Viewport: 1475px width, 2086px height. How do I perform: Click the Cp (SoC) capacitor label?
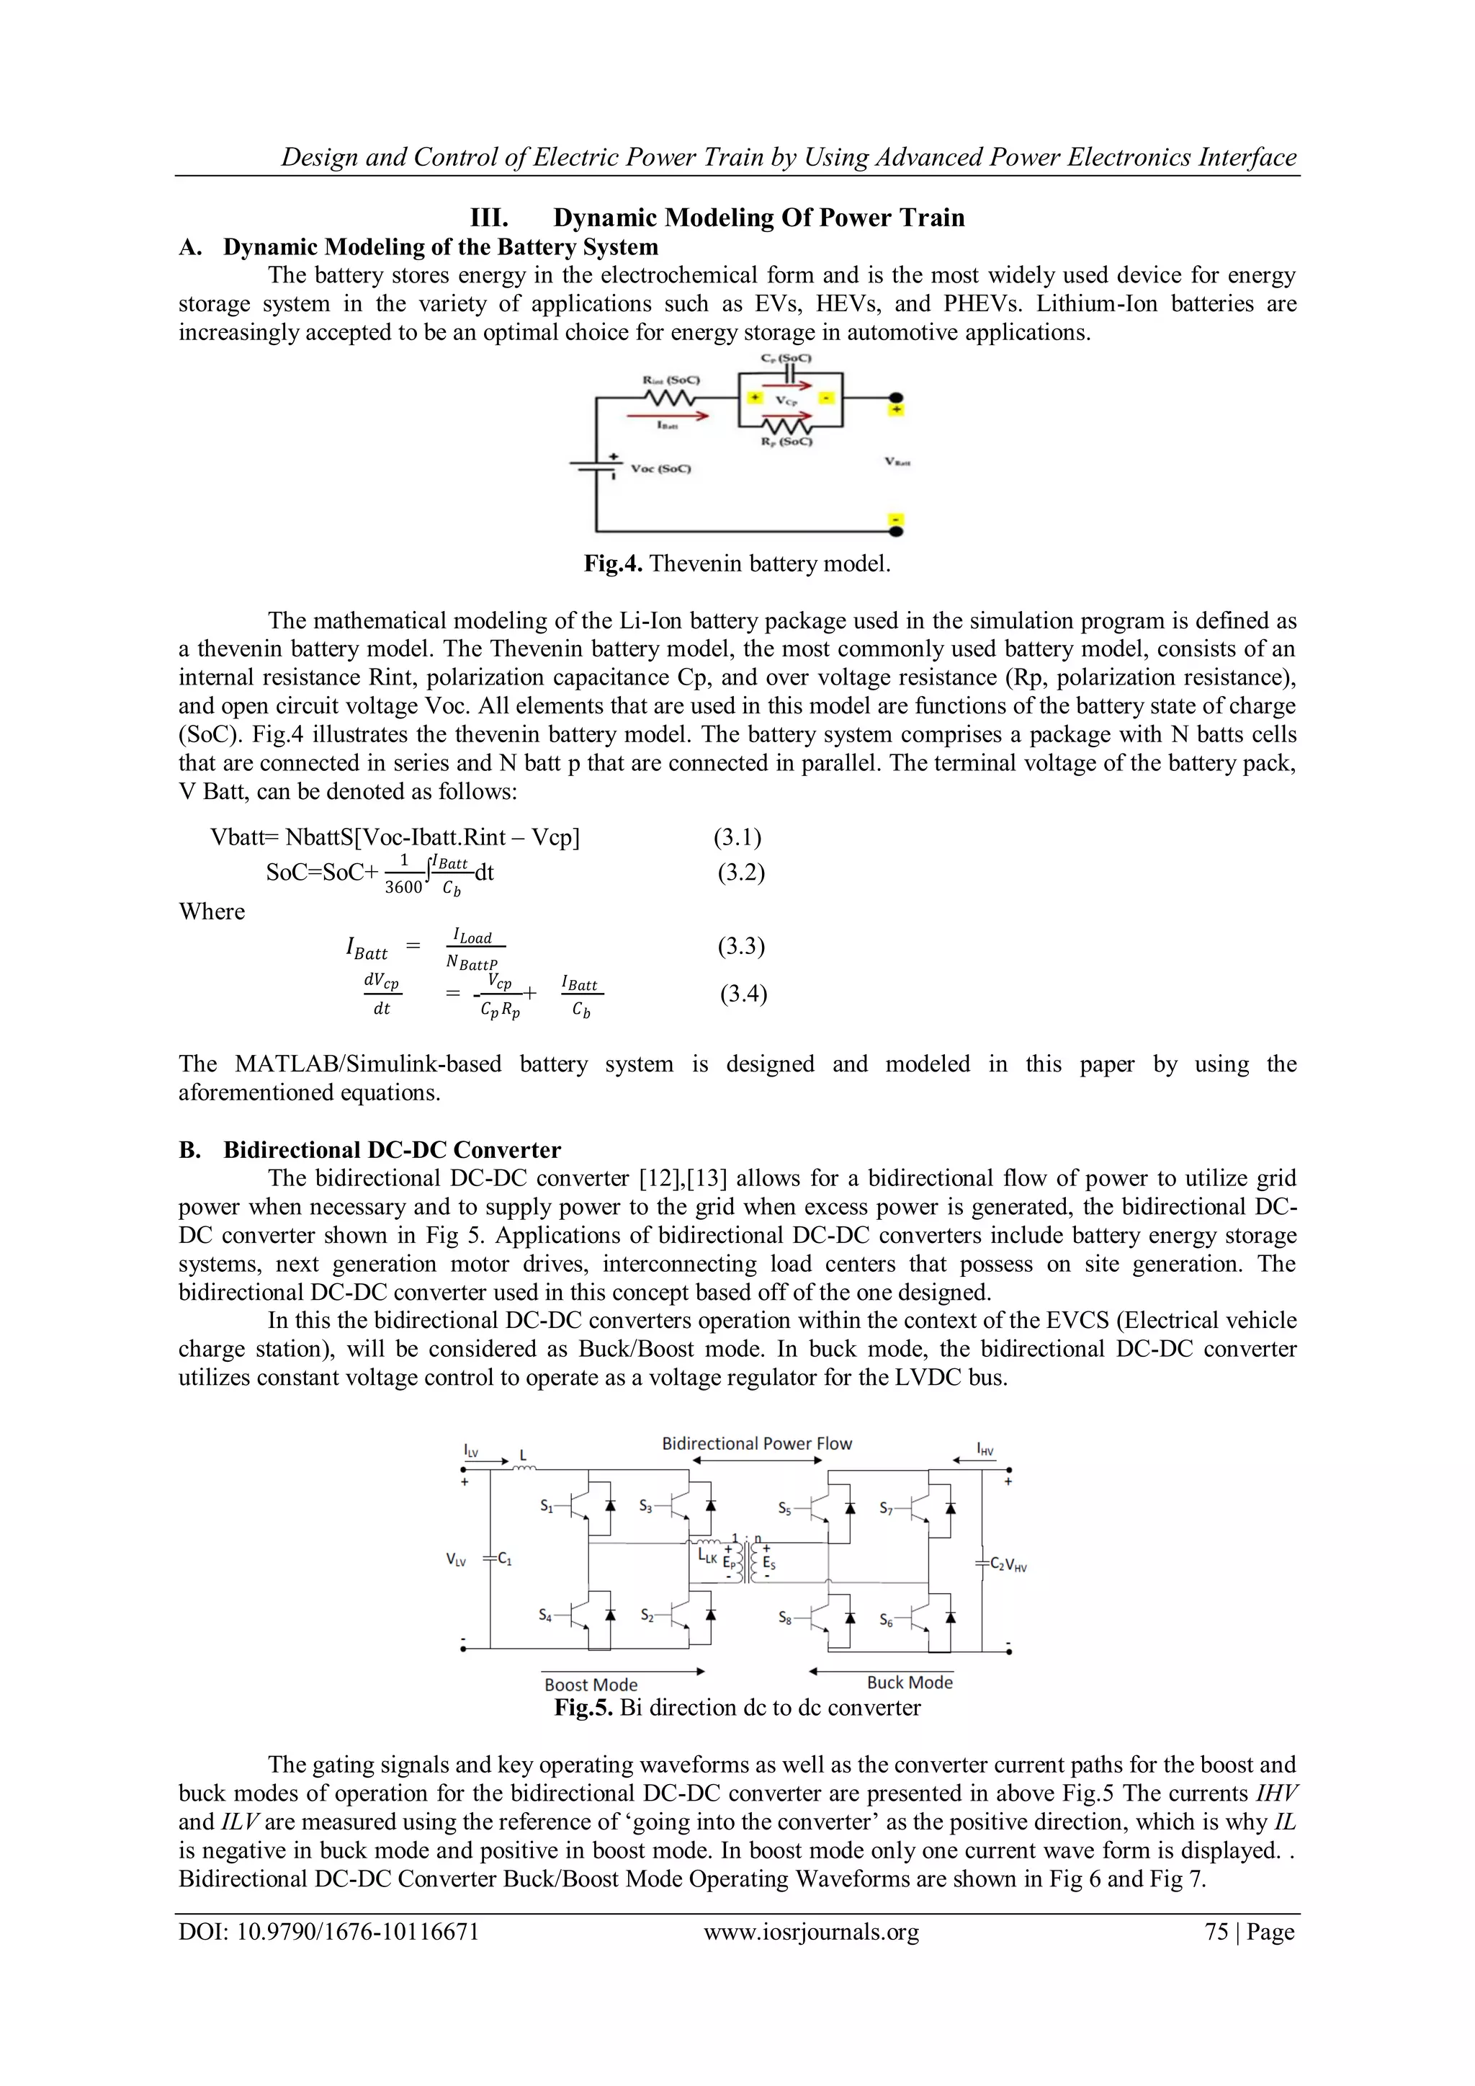(787, 358)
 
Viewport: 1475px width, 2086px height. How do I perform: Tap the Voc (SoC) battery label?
(660, 469)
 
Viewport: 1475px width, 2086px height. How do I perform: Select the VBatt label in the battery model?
(897, 463)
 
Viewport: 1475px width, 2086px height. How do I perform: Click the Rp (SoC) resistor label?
(787, 442)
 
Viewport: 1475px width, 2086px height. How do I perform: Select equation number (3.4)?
(743, 993)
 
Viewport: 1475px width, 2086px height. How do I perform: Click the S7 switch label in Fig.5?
(887, 1509)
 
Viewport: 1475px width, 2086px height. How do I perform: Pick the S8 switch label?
(785, 1618)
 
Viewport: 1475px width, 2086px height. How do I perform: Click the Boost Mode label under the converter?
(591, 1685)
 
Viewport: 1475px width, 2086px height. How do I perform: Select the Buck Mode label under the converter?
(909, 1682)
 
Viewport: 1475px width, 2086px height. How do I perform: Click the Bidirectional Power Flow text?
(756, 1444)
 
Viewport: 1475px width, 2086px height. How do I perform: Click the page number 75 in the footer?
(1216, 1932)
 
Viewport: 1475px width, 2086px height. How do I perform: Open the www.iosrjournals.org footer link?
(811, 1932)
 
